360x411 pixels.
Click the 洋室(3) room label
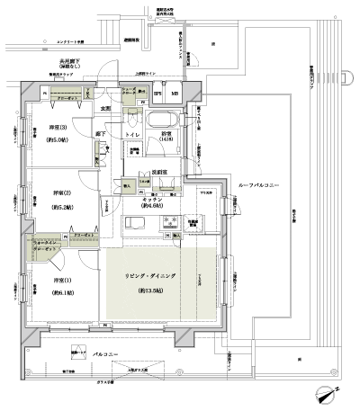(x=56, y=127)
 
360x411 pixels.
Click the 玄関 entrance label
(x=106, y=109)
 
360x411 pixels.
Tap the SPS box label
(x=157, y=94)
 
